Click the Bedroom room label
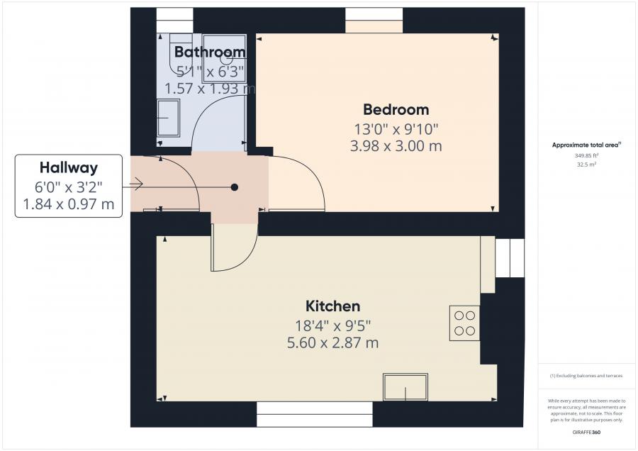pyautogui.click(x=396, y=110)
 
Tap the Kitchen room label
pyautogui.click(x=332, y=306)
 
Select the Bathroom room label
pyautogui.click(x=210, y=52)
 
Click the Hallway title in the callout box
pyautogui.click(x=68, y=168)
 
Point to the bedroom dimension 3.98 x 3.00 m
pyautogui.click(x=396, y=146)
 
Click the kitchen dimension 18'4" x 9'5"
pyautogui.click(x=332, y=325)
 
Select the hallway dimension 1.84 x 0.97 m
pyautogui.click(x=68, y=205)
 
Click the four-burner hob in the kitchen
pyautogui.click(x=464, y=323)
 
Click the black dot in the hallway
pyautogui.click(x=234, y=187)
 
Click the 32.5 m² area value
pyautogui.click(x=586, y=163)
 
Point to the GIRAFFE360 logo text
pyautogui.click(x=586, y=432)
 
